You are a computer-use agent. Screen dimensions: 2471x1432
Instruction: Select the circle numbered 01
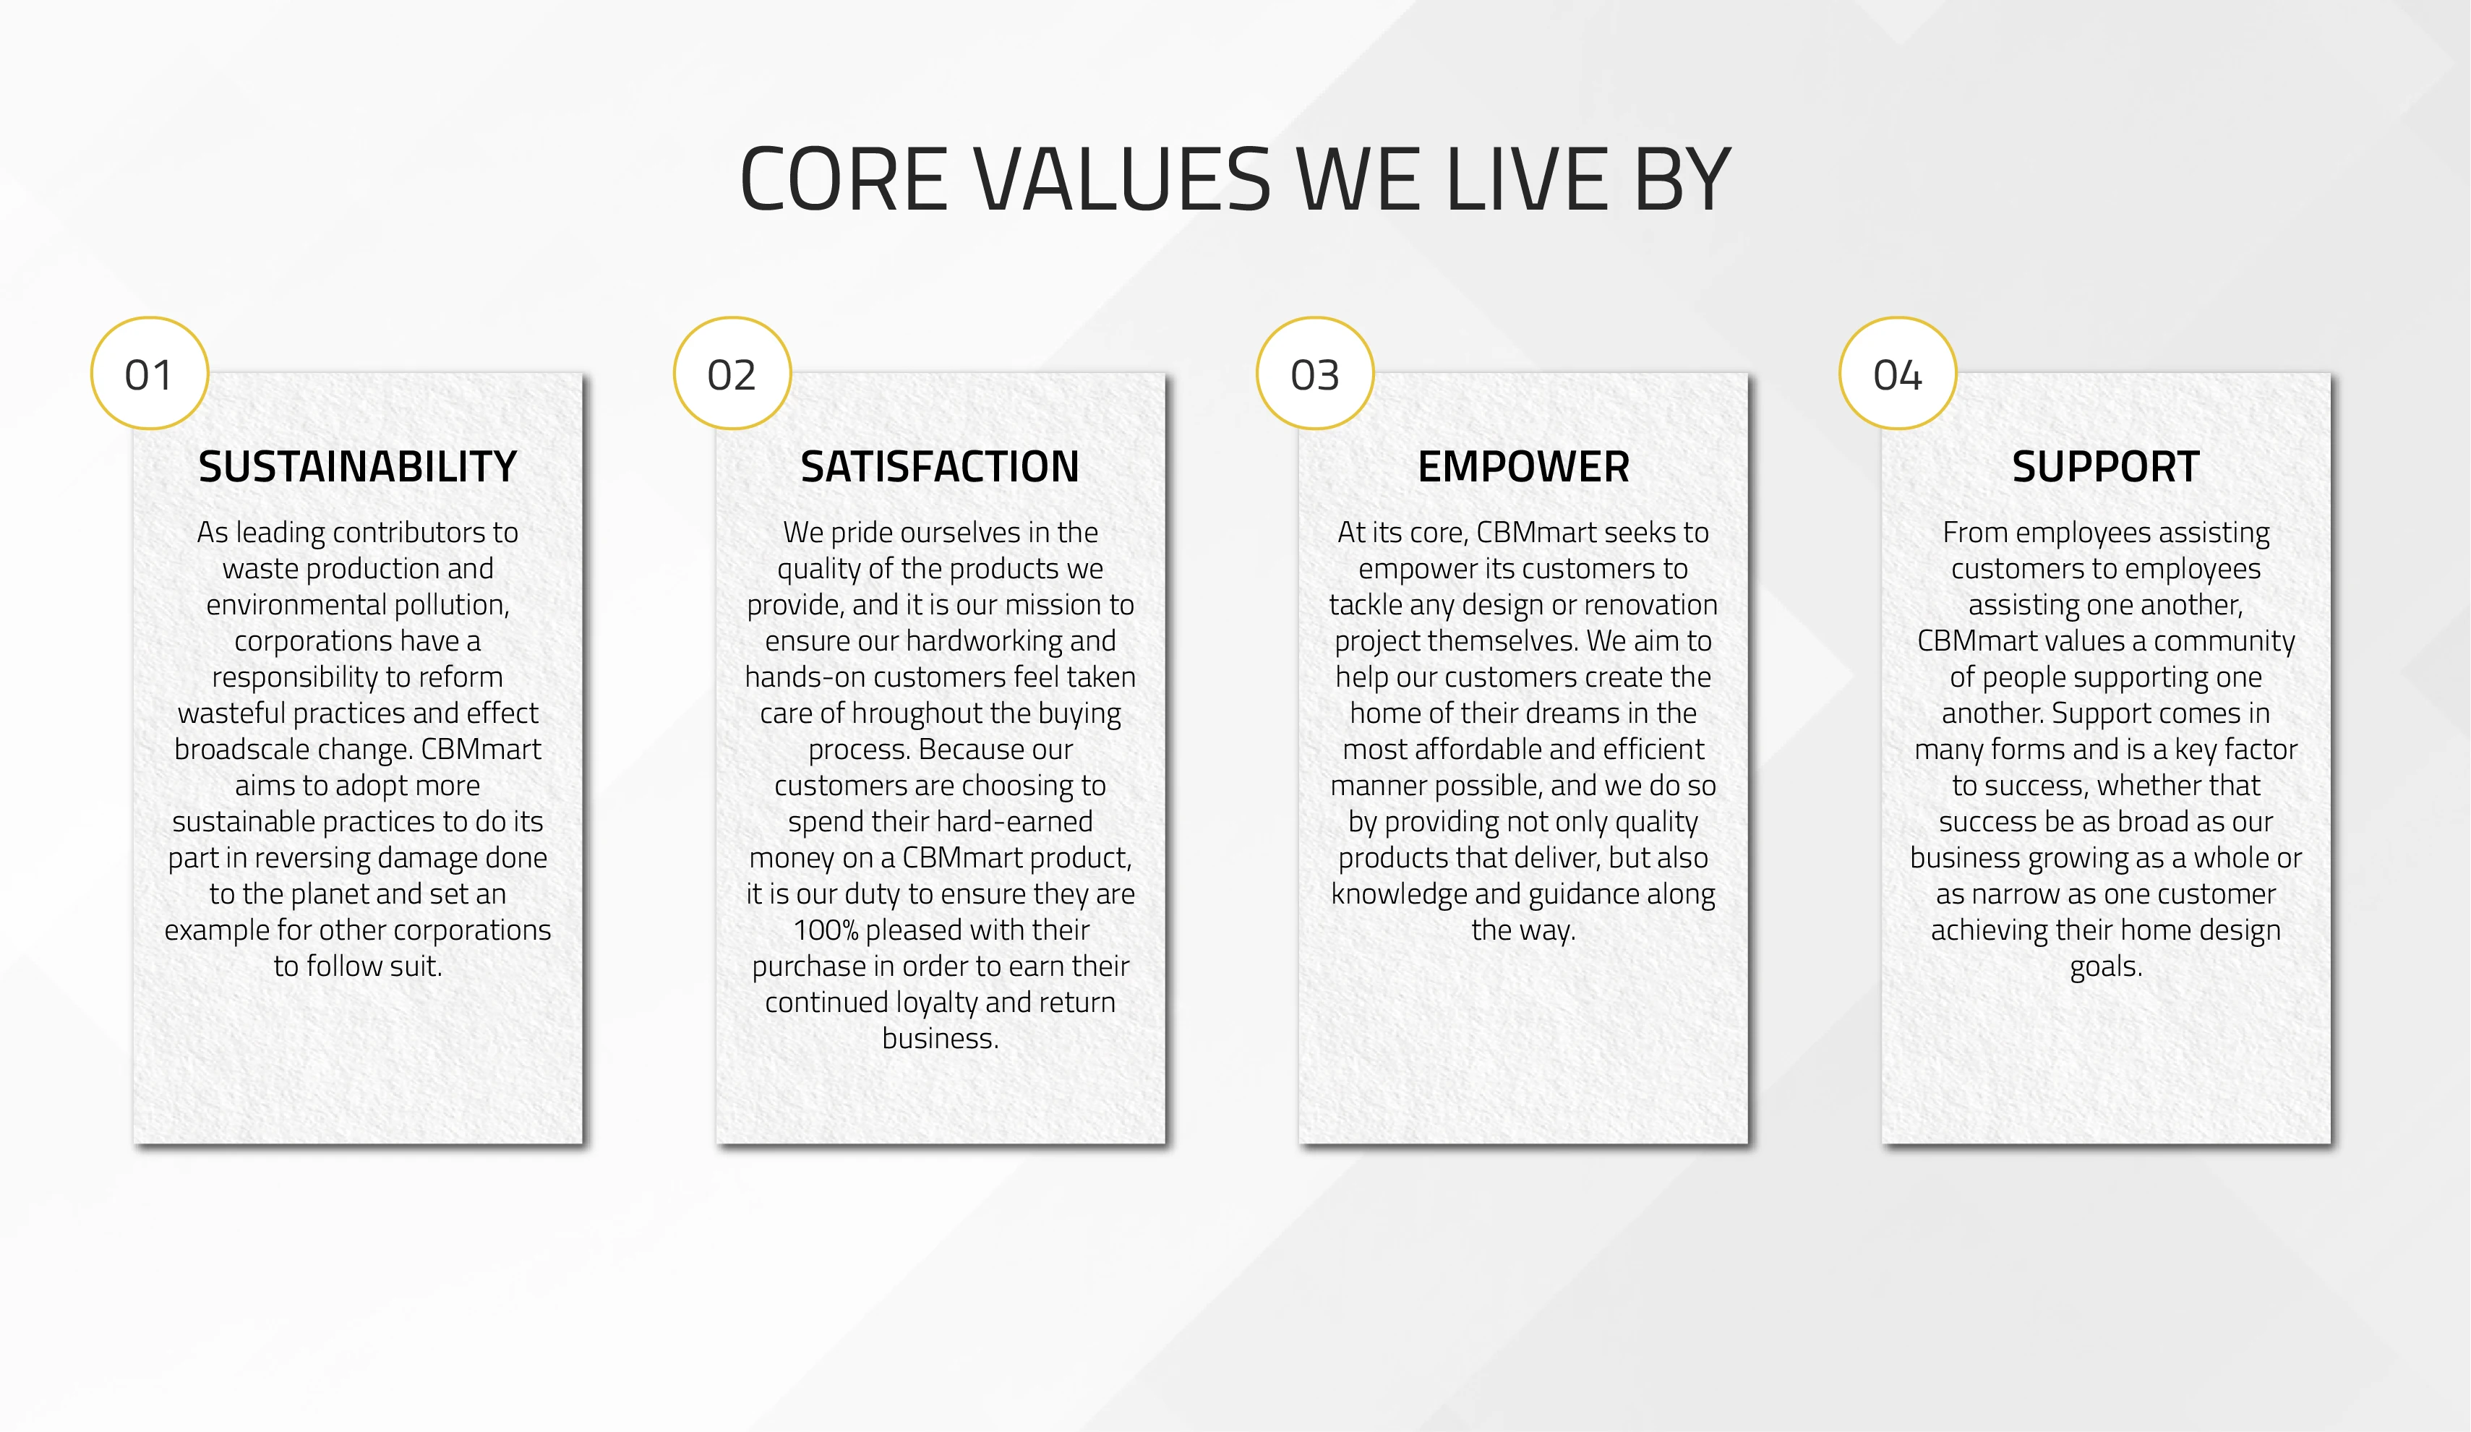point(149,374)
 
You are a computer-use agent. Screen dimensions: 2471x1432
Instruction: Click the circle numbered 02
point(732,374)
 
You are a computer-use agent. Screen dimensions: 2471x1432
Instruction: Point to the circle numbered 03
point(1315,374)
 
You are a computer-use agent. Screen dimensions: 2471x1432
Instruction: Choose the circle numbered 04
point(1898,374)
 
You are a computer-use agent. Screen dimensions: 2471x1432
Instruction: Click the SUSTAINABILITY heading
point(358,466)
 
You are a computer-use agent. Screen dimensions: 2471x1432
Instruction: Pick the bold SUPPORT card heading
point(2106,466)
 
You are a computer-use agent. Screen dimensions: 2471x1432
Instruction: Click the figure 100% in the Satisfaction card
point(825,930)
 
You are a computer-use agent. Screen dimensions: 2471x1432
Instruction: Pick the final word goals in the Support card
point(2106,967)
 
